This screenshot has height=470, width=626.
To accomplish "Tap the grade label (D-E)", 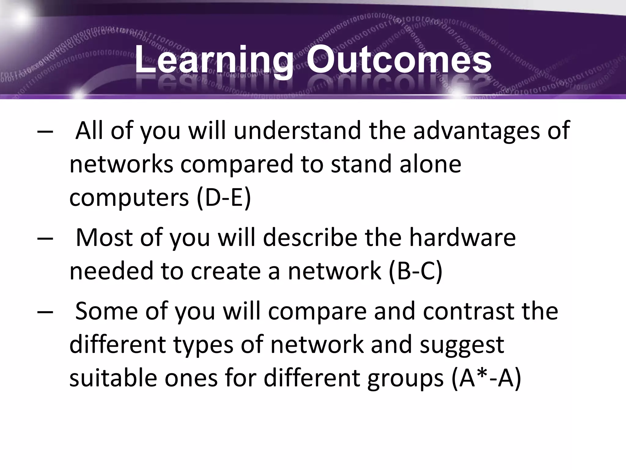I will pos(224,198).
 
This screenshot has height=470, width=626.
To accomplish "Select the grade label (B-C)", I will pos(416,271).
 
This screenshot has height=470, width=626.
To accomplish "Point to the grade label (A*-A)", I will pos(486,378).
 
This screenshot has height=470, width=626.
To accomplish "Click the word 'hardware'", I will pos(462,238).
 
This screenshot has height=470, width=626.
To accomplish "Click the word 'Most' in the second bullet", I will pos(104,238).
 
